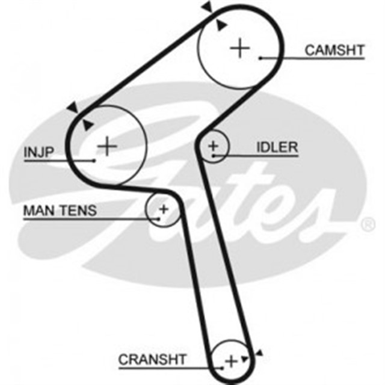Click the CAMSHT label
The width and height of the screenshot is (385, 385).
(334, 50)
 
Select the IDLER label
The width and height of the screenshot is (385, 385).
(277, 147)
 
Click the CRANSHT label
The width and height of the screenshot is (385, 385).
(152, 359)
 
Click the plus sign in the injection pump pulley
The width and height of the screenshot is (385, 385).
(106, 146)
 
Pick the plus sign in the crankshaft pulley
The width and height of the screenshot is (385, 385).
(231, 361)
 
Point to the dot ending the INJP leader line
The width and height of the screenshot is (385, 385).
(94, 161)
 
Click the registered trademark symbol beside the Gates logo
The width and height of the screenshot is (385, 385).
(366, 224)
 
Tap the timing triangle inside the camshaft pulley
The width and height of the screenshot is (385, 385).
(222, 25)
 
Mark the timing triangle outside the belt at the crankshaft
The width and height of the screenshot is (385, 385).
(259, 352)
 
